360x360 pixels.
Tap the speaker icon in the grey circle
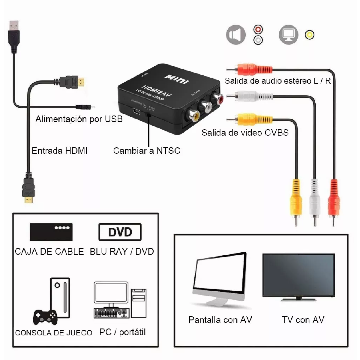point(236,35)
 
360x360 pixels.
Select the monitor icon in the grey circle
point(289,35)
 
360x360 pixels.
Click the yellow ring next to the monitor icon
point(310,35)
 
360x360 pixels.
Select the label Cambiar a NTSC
point(147,151)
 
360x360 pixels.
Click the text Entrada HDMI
point(60,151)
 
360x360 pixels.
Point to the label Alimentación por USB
point(79,119)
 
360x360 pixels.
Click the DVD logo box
point(120,232)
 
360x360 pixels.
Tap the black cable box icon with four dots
point(51,232)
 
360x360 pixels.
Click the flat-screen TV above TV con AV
point(298,276)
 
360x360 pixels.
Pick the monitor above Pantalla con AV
point(220,279)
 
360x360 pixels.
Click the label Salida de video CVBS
point(245,133)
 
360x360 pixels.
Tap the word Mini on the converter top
point(177,79)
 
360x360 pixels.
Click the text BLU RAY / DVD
point(122,251)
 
